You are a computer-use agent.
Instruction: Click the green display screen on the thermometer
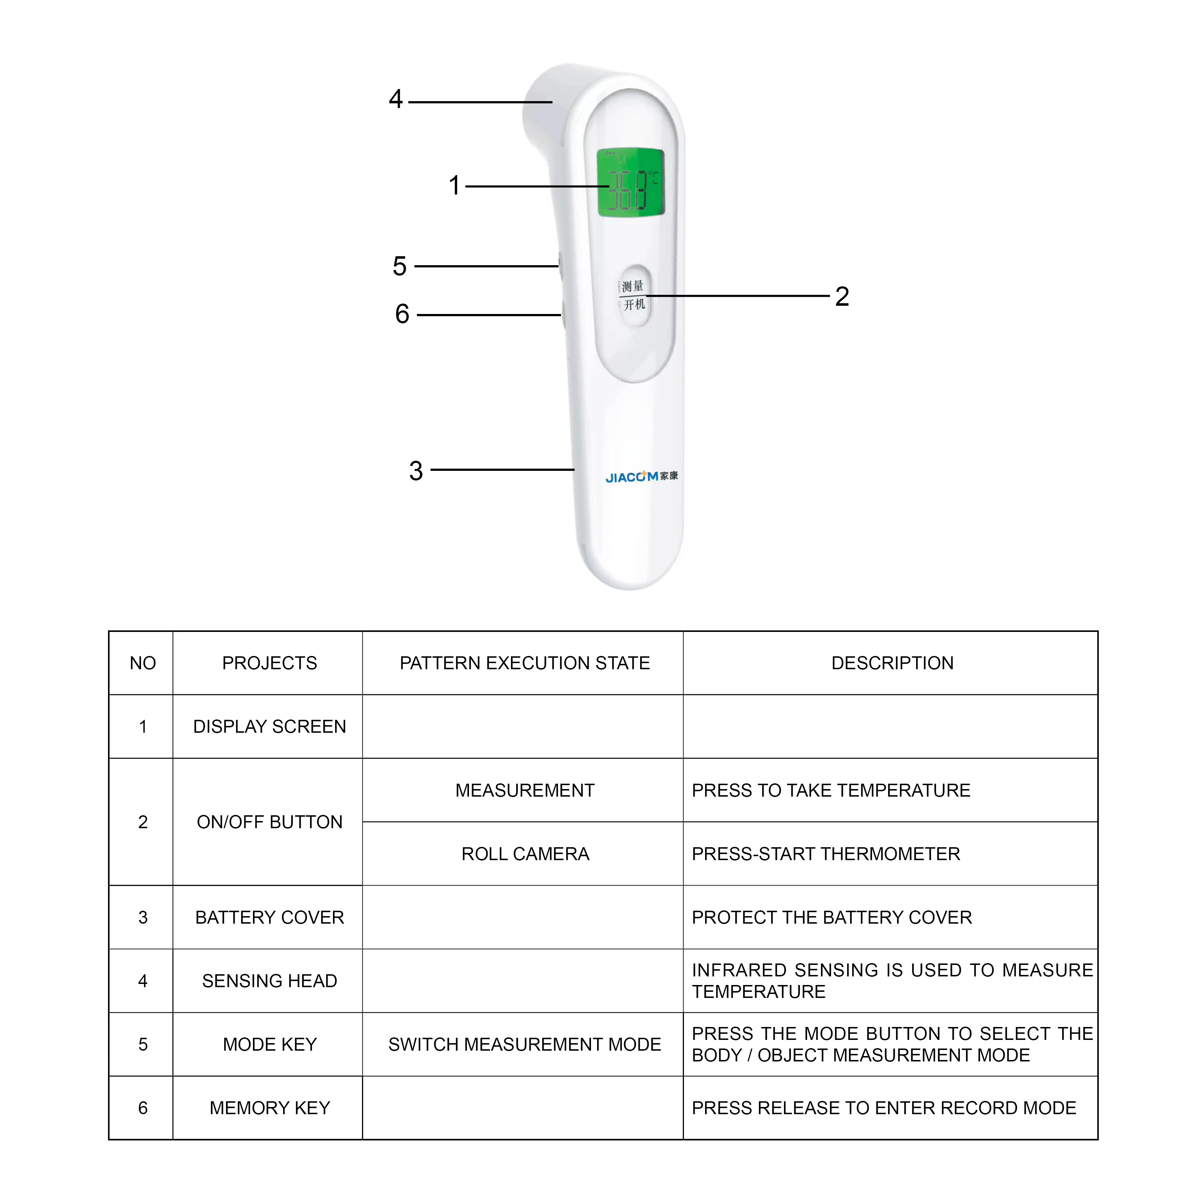point(630,183)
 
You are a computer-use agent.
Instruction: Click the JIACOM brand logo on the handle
point(641,477)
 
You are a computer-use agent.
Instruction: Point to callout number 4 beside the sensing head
point(395,99)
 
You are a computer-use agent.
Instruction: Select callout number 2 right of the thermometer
point(842,296)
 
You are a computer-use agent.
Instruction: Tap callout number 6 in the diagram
point(402,314)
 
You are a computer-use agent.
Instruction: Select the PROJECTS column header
point(269,663)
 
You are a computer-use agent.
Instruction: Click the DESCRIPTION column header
point(892,663)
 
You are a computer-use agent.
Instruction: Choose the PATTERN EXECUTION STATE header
point(524,663)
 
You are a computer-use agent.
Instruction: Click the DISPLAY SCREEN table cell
point(269,726)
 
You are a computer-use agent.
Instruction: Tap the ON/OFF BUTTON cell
point(269,822)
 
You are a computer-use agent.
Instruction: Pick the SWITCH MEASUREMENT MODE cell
point(524,1044)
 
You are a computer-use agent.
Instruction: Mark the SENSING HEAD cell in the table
point(269,981)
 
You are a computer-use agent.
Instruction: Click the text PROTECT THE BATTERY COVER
point(831,918)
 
